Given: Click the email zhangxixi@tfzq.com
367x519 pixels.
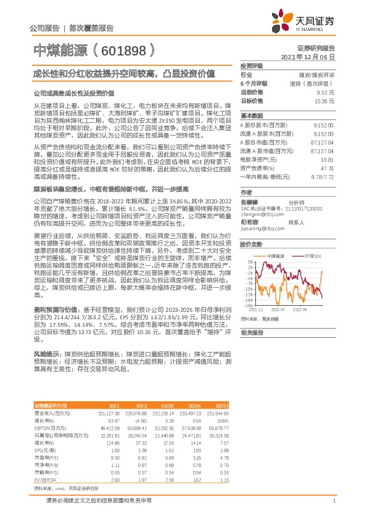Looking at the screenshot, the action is [x=258, y=214].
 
